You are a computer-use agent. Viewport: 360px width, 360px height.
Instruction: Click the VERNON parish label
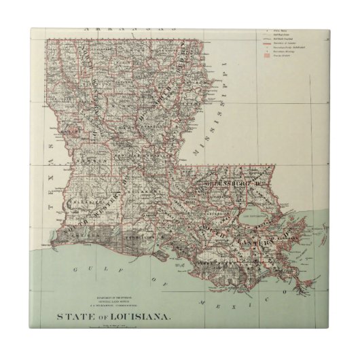click(87, 163)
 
